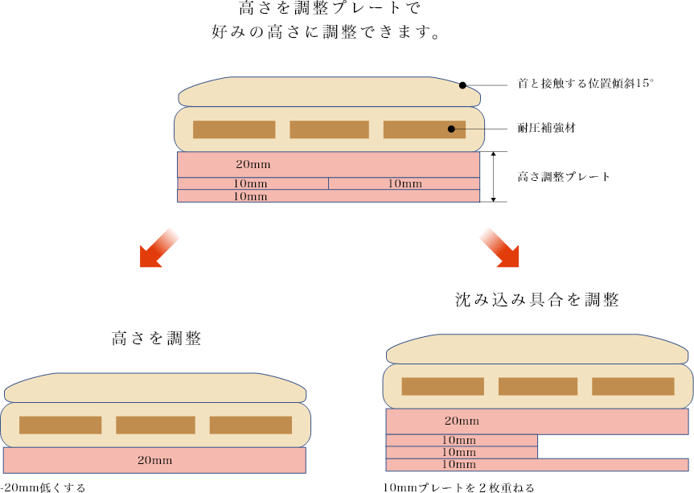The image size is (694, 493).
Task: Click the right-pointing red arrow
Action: tap(499, 247)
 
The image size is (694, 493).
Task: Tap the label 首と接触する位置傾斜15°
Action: tap(585, 84)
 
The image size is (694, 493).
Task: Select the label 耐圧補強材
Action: tap(546, 129)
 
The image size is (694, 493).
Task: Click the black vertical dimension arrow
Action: tap(493, 176)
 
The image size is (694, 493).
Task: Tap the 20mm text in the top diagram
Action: tap(253, 164)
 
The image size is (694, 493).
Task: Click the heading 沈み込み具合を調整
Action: tap(536, 300)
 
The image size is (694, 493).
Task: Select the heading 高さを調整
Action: tap(156, 339)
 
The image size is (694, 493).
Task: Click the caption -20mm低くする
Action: tap(43, 487)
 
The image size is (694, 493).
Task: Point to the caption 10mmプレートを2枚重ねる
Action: tap(458, 487)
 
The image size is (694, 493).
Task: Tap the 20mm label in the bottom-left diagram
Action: tap(154, 461)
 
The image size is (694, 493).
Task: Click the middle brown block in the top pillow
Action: tap(329, 129)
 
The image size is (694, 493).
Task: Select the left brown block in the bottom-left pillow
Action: tap(60, 425)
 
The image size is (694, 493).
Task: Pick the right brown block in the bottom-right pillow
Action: tap(633, 386)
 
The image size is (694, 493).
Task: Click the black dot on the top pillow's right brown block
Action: tap(452, 129)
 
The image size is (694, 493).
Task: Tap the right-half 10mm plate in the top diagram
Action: tap(404, 184)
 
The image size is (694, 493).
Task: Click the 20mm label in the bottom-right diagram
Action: tap(462, 421)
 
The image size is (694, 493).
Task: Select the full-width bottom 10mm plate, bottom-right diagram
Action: tap(537, 465)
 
